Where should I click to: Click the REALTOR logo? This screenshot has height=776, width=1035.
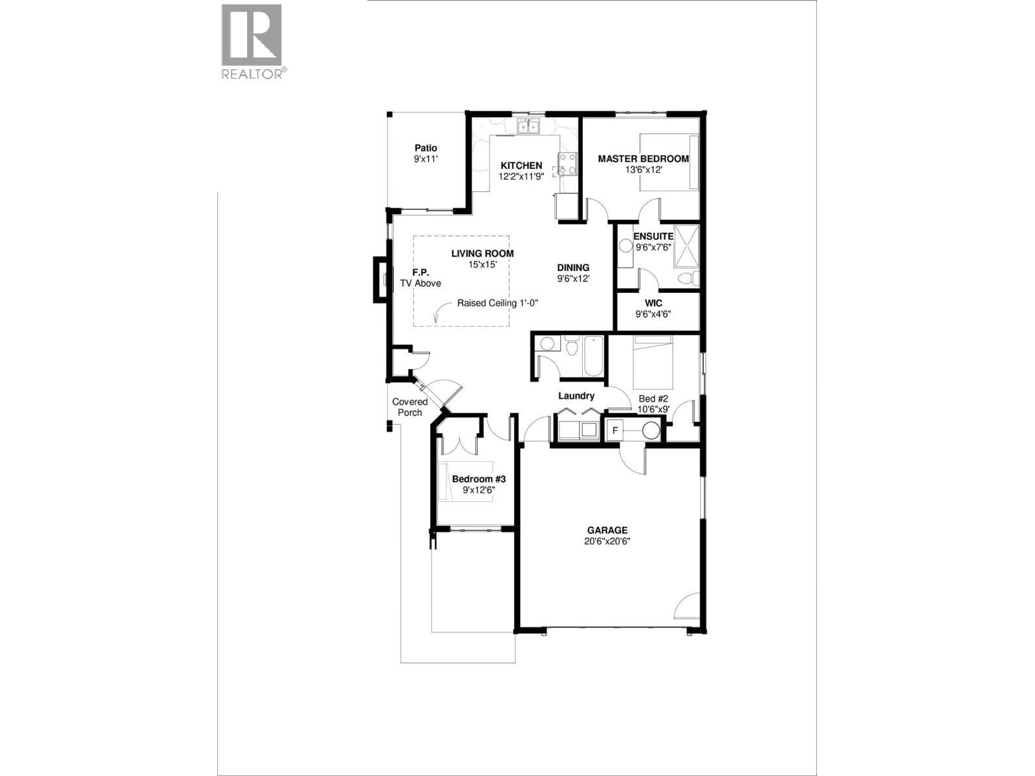tap(252, 41)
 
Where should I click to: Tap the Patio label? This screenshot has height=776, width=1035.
tap(426, 148)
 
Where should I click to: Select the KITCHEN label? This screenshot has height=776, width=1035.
tap(521, 166)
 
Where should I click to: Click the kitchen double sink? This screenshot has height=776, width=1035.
tap(528, 127)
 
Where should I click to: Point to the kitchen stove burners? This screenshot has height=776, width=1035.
tap(567, 164)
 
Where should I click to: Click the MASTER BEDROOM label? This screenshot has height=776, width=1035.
tap(643, 158)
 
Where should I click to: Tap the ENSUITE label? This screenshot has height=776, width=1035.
tap(653, 236)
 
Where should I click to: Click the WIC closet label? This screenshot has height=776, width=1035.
tap(653, 303)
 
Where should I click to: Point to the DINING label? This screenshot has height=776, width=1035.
tap(573, 268)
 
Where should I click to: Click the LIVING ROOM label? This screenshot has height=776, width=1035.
tap(483, 253)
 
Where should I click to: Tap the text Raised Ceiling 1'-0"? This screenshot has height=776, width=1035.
tap(497, 303)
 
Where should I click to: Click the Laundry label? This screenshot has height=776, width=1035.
tap(576, 396)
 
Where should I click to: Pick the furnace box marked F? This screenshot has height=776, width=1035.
tap(615, 430)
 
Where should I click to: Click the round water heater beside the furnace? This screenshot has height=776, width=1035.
tap(650, 430)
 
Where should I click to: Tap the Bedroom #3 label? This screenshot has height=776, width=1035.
tap(478, 479)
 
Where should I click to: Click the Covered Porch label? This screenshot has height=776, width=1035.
tap(409, 407)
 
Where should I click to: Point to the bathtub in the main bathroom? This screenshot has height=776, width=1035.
tap(593, 356)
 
